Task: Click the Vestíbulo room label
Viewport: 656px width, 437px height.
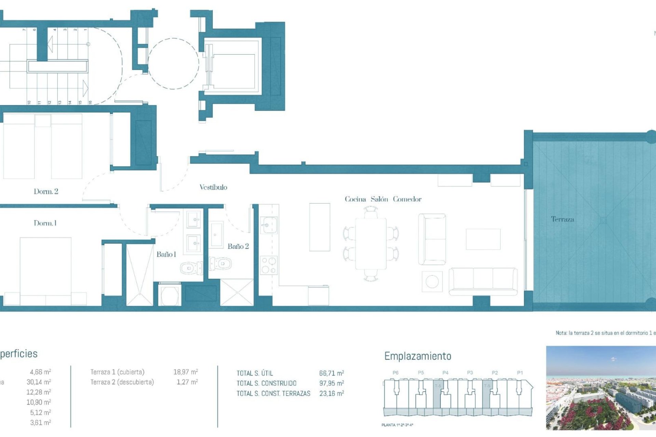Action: click(x=213, y=187)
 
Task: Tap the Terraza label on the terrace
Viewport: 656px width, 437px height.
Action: click(x=562, y=219)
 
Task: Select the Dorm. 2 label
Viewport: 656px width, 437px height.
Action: click(x=46, y=192)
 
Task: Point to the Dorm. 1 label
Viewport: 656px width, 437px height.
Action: click(x=45, y=223)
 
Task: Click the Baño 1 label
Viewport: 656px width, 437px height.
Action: click(x=166, y=254)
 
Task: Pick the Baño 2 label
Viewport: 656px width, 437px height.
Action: click(x=238, y=246)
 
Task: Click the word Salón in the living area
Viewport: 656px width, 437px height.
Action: click(x=379, y=199)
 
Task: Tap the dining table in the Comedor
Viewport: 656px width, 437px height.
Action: click(x=371, y=244)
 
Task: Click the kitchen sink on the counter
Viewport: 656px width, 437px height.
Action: click(x=269, y=225)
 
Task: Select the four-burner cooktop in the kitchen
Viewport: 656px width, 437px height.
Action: click(x=269, y=266)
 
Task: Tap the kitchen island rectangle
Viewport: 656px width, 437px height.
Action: click(x=319, y=227)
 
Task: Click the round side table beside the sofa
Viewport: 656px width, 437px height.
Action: click(x=432, y=282)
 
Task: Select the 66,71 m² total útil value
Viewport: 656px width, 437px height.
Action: click(x=331, y=373)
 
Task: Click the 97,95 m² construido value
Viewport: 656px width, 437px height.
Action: click(x=331, y=383)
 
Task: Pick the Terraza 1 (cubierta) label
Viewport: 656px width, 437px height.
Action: click(x=117, y=372)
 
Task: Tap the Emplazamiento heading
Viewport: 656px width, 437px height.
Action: click(x=418, y=356)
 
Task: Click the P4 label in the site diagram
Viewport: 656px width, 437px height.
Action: click(x=445, y=373)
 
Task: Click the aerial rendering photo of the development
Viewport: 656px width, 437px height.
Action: click(x=601, y=388)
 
